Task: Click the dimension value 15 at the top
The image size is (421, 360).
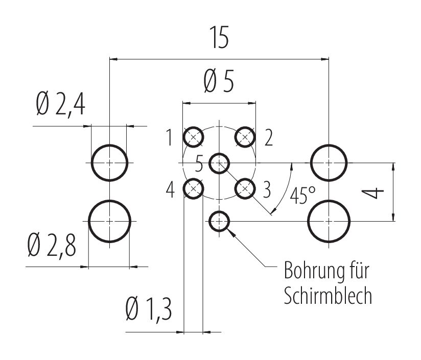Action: click(x=218, y=39)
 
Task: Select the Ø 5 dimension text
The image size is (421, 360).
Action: click(x=219, y=82)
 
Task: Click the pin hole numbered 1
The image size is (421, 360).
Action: click(x=193, y=137)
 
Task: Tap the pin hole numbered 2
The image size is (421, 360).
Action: click(x=245, y=137)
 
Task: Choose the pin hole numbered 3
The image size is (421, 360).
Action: click(x=245, y=189)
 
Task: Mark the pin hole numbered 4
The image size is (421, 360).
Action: click(x=193, y=189)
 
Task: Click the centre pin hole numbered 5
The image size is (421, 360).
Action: click(x=220, y=163)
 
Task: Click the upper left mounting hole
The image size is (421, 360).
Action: click(x=109, y=163)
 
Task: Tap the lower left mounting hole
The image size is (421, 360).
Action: click(x=109, y=221)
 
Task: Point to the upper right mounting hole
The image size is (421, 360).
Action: click(x=329, y=163)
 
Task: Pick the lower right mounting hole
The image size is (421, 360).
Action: click(x=329, y=221)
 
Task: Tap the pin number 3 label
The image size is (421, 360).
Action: click(x=266, y=190)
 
